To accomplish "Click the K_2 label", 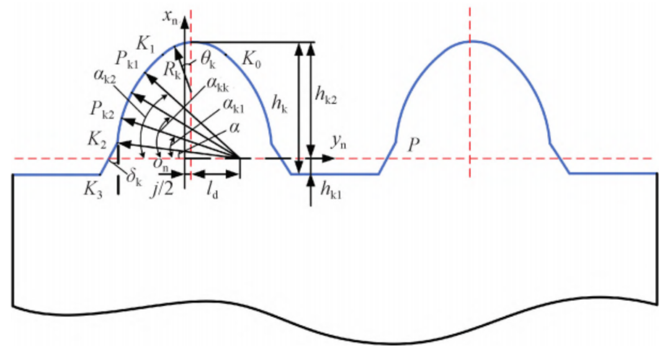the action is pyautogui.click(x=97, y=140).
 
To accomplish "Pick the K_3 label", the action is pyautogui.click(x=93, y=189).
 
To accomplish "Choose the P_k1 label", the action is pyautogui.click(x=127, y=59).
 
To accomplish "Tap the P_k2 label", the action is pyautogui.click(x=102, y=109).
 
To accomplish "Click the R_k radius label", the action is pyautogui.click(x=172, y=71).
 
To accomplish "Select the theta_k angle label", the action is pyautogui.click(x=208, y=60).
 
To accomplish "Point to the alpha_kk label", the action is pyautogui.click(x=218, y=84).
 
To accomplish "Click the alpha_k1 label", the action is pyautogui.click(x=233, y=105).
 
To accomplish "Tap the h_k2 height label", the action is pyautogui.click(x=326, y=95).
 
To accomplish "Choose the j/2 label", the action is pyautogui.click(x=162, y=189).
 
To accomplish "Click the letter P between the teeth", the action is pyautogui.click(x=413, y=145).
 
